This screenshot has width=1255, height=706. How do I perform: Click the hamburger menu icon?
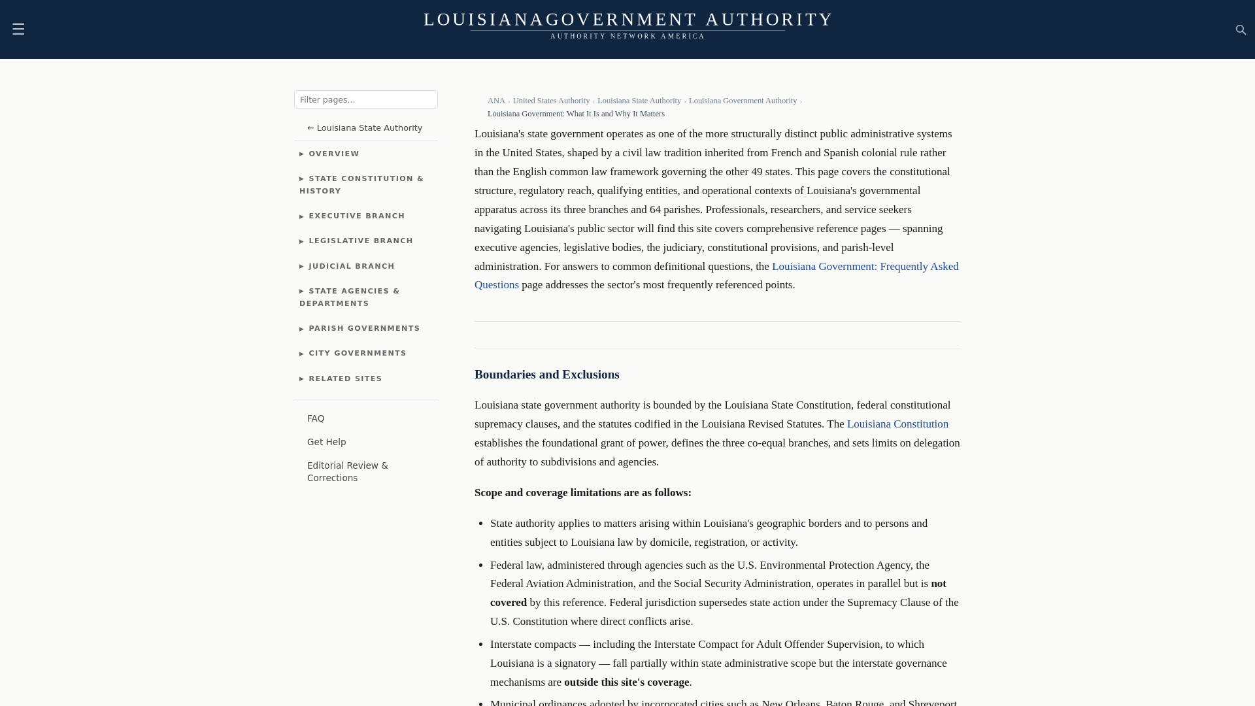18,29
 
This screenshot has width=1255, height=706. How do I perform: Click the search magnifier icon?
1241,30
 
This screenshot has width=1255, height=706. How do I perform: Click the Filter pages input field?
365,99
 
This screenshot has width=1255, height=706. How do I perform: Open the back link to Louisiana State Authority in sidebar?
365,128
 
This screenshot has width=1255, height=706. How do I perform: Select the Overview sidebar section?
333,154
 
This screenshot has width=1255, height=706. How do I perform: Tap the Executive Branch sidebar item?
356,216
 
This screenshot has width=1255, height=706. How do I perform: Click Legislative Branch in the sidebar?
360,241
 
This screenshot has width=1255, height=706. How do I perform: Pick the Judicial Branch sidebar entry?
351,267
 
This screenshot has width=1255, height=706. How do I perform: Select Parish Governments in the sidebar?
364,329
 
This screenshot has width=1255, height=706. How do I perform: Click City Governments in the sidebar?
357,354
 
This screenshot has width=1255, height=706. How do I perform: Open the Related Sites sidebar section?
345,379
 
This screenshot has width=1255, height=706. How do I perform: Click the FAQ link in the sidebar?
316,419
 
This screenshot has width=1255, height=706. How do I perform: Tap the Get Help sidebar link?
327,443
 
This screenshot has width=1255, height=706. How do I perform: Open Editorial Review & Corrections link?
347,472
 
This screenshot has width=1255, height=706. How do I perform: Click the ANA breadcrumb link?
496,101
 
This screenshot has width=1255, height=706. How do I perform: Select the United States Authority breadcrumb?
551,101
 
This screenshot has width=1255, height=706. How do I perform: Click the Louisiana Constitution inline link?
897,424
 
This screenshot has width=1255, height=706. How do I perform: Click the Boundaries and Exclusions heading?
546,375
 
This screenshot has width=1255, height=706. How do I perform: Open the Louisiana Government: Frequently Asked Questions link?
864,267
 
